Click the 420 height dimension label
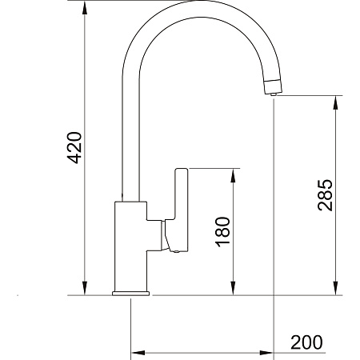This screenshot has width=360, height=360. pos(74,147)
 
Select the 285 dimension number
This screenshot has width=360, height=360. pos(326,195)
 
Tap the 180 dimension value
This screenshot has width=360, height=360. pos(222,232)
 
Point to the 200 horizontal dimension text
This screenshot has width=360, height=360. pos(306,342)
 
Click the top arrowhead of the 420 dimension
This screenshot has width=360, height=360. pos(85,10)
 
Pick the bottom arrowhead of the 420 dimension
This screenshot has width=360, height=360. pos(85,288)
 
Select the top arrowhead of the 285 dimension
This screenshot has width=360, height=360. pos(336,102)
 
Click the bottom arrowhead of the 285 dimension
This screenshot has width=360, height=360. pos(336,288)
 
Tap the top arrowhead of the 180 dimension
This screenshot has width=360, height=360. pos(233,175)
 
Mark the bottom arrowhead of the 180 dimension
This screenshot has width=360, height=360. pos(233,288)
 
